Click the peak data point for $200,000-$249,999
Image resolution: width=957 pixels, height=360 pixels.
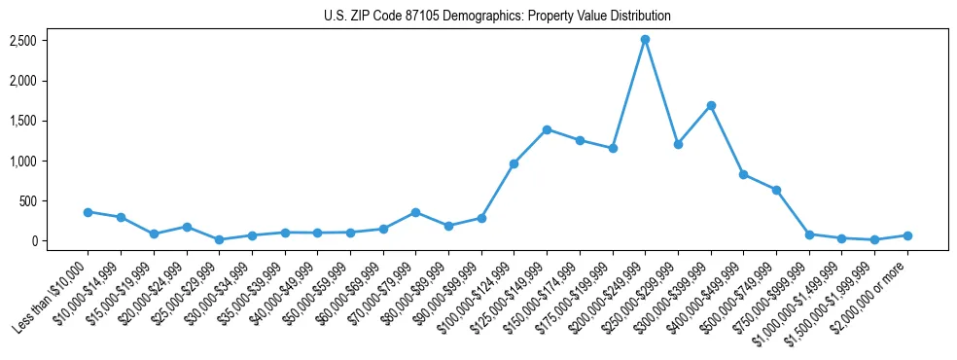pos(645,39)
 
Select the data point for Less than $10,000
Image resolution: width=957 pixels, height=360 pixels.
pos(88,212)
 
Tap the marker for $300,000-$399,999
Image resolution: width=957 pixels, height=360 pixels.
pos(711,105)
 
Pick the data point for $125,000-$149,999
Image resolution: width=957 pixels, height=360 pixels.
pos(547,129)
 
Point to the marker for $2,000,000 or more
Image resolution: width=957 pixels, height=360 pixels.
pos(907,235)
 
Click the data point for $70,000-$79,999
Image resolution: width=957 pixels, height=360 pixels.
pos(415,212)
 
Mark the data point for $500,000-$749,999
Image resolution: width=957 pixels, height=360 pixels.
pos(776,190)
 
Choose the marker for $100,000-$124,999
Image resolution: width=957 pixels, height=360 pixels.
pos(514,163)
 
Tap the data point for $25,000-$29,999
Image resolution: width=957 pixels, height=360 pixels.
pos(219,239)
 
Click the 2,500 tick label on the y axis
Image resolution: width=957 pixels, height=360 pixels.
pos(23,41)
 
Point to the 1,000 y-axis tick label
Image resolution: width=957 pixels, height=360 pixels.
pos(23,162)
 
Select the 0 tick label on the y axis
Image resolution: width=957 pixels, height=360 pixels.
pos(33,241)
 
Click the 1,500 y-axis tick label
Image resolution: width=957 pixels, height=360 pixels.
pos(23,122)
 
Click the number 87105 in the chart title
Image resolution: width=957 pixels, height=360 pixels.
pos(417,17)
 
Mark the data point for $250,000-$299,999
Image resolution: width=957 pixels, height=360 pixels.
pos(678,144)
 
